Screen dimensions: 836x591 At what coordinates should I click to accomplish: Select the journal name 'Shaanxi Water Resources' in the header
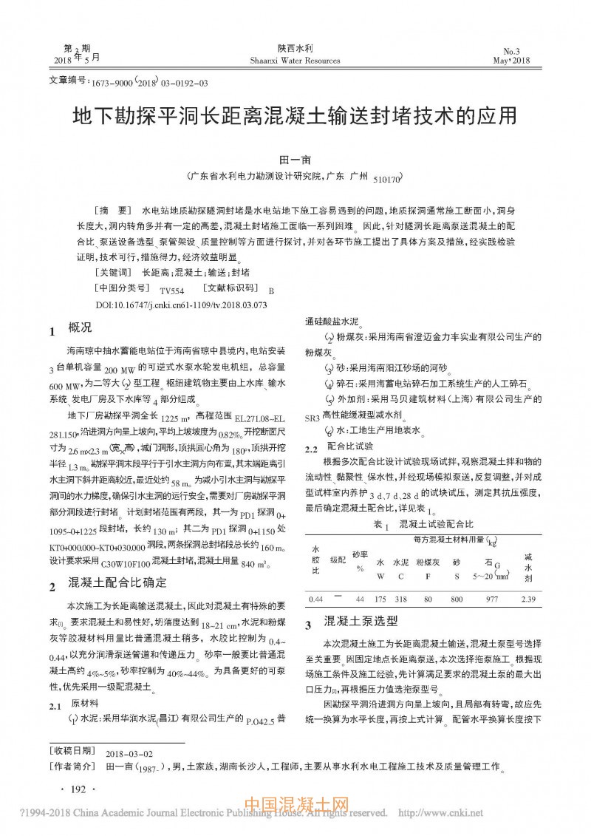point(295,61)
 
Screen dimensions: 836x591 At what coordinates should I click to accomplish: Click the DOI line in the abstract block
point(181,304)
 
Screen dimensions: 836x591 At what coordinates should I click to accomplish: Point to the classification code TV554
point(171,290)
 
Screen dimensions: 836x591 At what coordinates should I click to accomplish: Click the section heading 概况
point(80,327)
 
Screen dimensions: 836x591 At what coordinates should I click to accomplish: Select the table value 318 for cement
point(401,599)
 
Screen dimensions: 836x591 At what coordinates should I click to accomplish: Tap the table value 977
point(491,599)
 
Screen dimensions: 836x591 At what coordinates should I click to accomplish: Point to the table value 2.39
point(527,599)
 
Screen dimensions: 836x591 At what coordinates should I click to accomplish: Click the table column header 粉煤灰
point(428,563)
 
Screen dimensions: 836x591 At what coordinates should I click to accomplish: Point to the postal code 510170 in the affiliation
point(387,179)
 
